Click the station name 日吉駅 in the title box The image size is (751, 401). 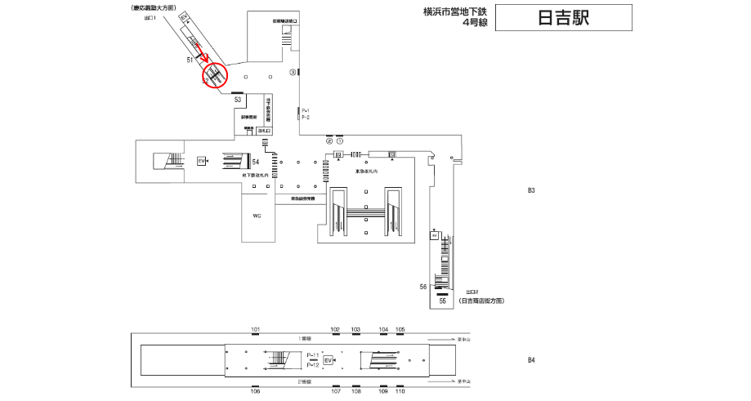[564, 19]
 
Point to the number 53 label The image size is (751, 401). [239, 99]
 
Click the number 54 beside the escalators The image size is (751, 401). [256, 161]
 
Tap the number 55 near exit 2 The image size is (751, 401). [442, 301]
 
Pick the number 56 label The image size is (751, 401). [423, 287]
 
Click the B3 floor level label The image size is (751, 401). [530, 190]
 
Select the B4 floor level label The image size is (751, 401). [530, 359]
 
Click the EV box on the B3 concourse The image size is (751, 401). [201, 161]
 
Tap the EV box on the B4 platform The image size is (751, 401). [328, 360]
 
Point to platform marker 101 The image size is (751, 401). [255, 329]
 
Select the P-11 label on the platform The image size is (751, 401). [313, 355]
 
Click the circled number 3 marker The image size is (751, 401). [292, 72]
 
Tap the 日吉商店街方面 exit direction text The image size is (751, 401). [481, 301]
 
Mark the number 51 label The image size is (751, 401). [190, 60]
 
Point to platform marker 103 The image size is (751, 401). [355, 329]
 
